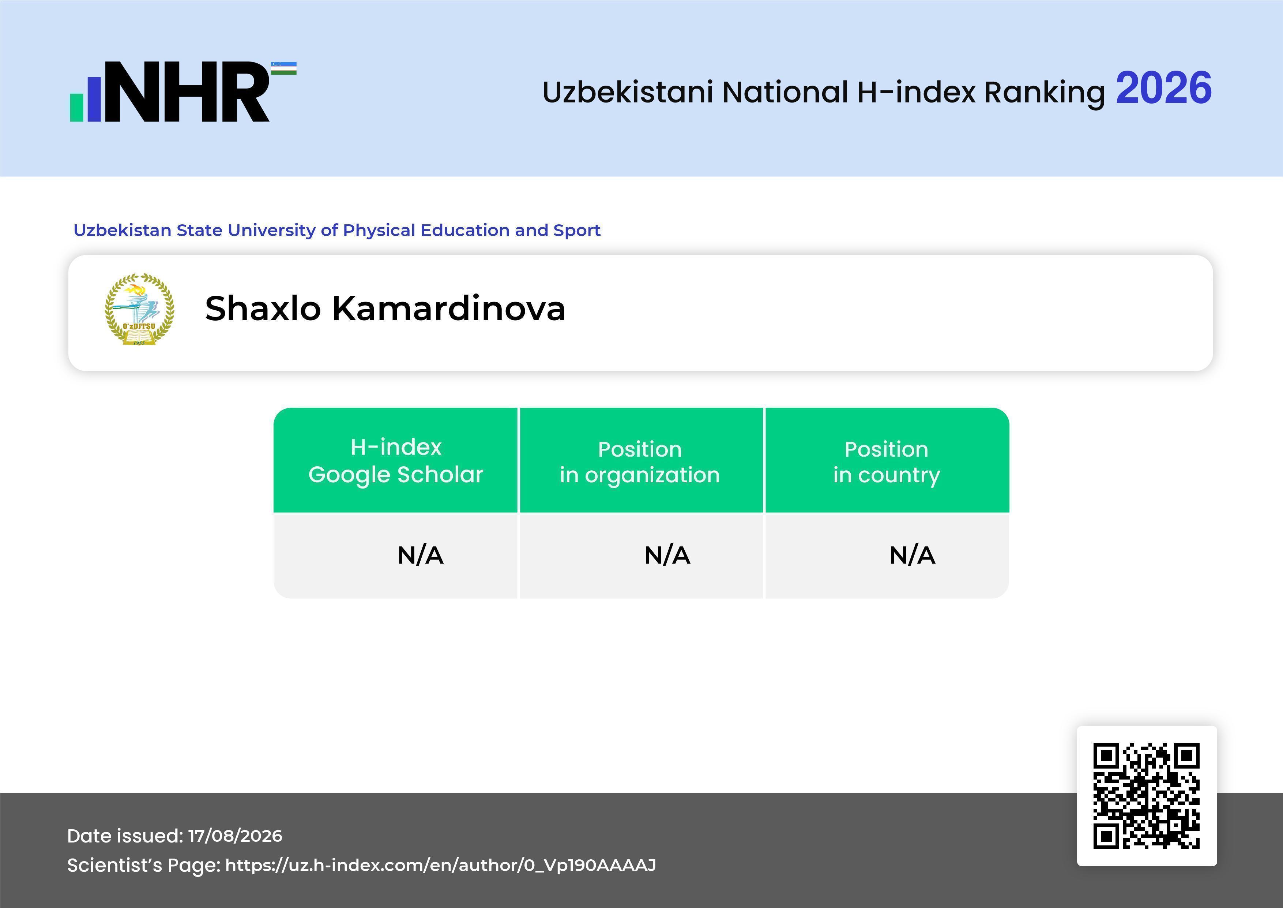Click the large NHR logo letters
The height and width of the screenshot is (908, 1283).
(187, 92)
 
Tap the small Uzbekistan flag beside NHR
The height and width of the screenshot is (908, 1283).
(283, 68)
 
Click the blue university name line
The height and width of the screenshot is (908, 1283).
(337, 230)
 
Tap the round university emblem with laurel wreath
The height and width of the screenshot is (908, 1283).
(140, 309)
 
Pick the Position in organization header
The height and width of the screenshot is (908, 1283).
(640, 462)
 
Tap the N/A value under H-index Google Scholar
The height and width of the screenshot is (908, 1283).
(420, 555)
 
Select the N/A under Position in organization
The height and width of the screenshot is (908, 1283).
(667, 555)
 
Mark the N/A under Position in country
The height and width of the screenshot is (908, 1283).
(912, 555)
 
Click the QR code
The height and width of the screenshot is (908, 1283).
(1147, 796)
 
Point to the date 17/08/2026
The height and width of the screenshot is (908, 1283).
(235, 836)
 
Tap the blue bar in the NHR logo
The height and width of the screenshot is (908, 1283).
(94, 98)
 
